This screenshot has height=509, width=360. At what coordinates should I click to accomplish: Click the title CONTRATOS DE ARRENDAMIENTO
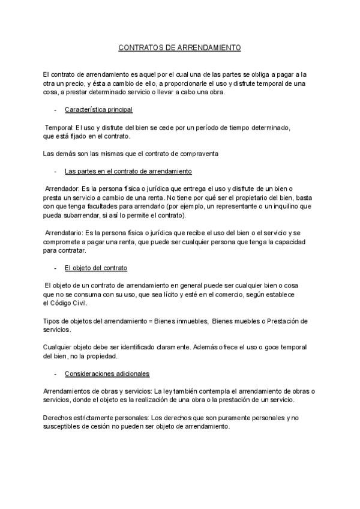coord(179,46)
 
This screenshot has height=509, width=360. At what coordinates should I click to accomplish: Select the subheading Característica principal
coord(98,110)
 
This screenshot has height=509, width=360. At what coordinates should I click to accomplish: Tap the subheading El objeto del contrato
coord(95,268)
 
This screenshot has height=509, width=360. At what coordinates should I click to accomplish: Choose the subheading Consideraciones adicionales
coord(107,373)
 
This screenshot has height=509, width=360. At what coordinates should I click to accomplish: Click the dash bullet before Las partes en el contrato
coord(55,171)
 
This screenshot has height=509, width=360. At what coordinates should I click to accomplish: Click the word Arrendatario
coord(64,233)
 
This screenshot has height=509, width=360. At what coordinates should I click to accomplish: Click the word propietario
coord(245,197)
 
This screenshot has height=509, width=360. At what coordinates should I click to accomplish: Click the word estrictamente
coord(91,417)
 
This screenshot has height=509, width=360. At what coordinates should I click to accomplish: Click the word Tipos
coord(52,321)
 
